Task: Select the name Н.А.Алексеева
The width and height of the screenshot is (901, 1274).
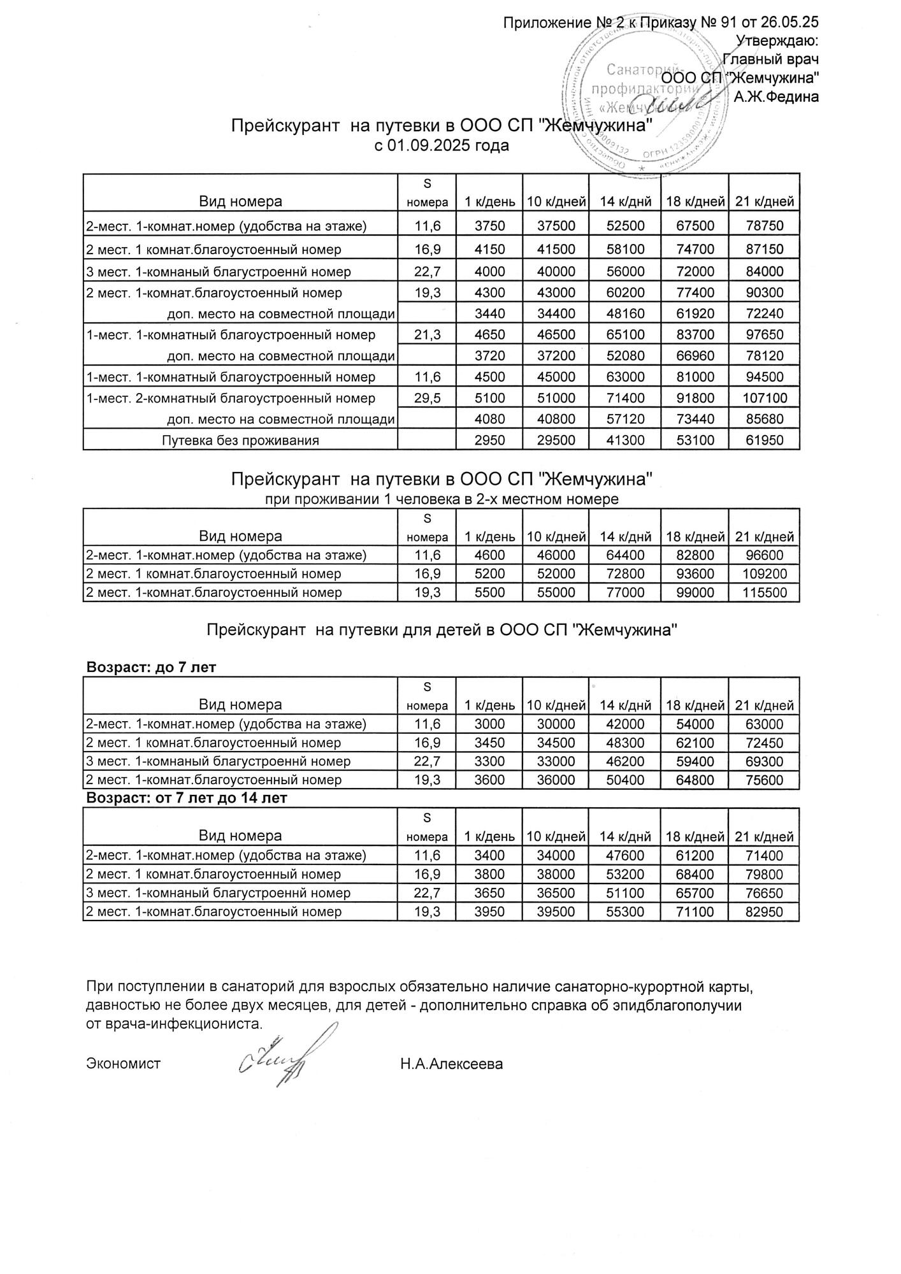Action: click(451, 1063)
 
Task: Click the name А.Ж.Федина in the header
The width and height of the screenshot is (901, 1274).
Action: click(776, 97)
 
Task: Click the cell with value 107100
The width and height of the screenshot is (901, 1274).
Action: click(764, 398)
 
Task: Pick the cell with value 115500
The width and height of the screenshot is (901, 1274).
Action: click(764, 592)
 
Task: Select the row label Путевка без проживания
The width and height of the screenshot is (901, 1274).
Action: click(240, 440)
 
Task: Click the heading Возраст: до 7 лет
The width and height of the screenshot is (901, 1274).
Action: click(151, 667)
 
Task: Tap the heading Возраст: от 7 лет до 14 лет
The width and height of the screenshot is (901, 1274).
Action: click(186, 798)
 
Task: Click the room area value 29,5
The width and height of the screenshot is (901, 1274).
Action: click(427, 398)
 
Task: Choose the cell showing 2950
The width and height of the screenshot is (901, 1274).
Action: click(489, 440)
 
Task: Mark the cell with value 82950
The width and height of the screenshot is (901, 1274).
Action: click(764, 912)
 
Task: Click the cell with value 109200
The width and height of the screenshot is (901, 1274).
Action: click(764, 573)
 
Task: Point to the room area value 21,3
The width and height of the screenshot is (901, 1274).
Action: click(427, 334)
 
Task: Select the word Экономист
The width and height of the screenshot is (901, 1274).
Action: click(123, 1063)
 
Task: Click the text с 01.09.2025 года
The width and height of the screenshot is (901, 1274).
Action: click(442, 146)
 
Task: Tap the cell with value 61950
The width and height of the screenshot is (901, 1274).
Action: click(764, 440)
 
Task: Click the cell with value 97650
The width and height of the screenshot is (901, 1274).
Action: click(764, 334)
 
